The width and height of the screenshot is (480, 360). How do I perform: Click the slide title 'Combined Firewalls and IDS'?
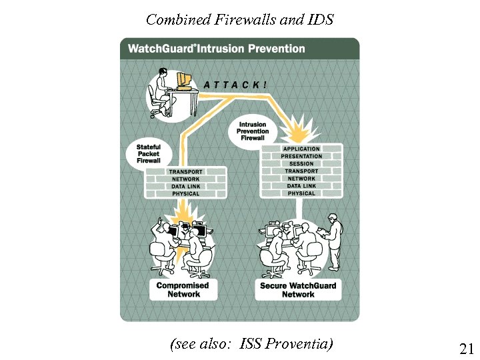(x=239, y=19)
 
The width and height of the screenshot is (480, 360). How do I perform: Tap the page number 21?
(x=466, y=348)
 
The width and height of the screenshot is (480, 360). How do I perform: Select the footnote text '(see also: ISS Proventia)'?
(x=251, y=344)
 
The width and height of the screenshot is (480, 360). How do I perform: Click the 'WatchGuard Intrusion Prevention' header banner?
(x=216, y=49)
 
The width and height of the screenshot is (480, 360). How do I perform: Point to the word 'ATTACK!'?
(x=236, y=85)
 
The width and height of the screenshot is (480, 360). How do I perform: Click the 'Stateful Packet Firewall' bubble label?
(x=149, y=153)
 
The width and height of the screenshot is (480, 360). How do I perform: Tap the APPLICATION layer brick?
(x=301, y=149)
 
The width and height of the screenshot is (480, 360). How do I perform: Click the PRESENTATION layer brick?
(x=301, y=156)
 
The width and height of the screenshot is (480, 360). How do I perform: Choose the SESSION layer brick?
(x=301, y=163)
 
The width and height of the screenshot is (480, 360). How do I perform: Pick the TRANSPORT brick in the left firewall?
(x=185, y=172)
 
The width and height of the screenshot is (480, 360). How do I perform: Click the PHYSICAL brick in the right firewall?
(x=301, y=193)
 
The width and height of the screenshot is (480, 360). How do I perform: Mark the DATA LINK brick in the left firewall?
(x=185, y=187)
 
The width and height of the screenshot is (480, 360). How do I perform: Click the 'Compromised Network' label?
(x=183, y=289)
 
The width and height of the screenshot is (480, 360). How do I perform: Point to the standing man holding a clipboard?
(x=333, y=240)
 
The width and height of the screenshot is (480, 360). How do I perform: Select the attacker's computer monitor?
(x=183, y=81)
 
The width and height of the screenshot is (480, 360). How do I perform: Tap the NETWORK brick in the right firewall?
(x=301, y=179)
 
